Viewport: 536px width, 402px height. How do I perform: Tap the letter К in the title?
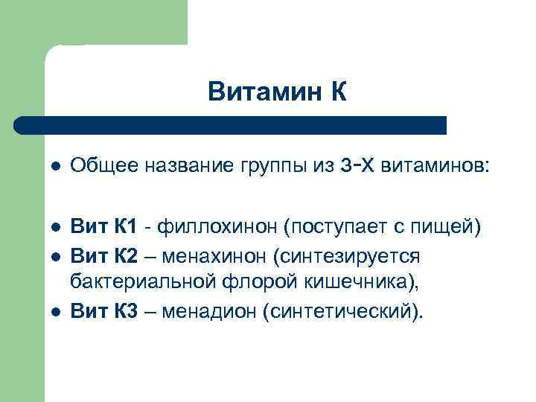pyautogui.click(x=336, y=92)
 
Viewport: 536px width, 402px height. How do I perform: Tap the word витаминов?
pyautogui.click(x=434, y=165)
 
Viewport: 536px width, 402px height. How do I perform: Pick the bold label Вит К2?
pyautogui.click(x=104, y=255)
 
